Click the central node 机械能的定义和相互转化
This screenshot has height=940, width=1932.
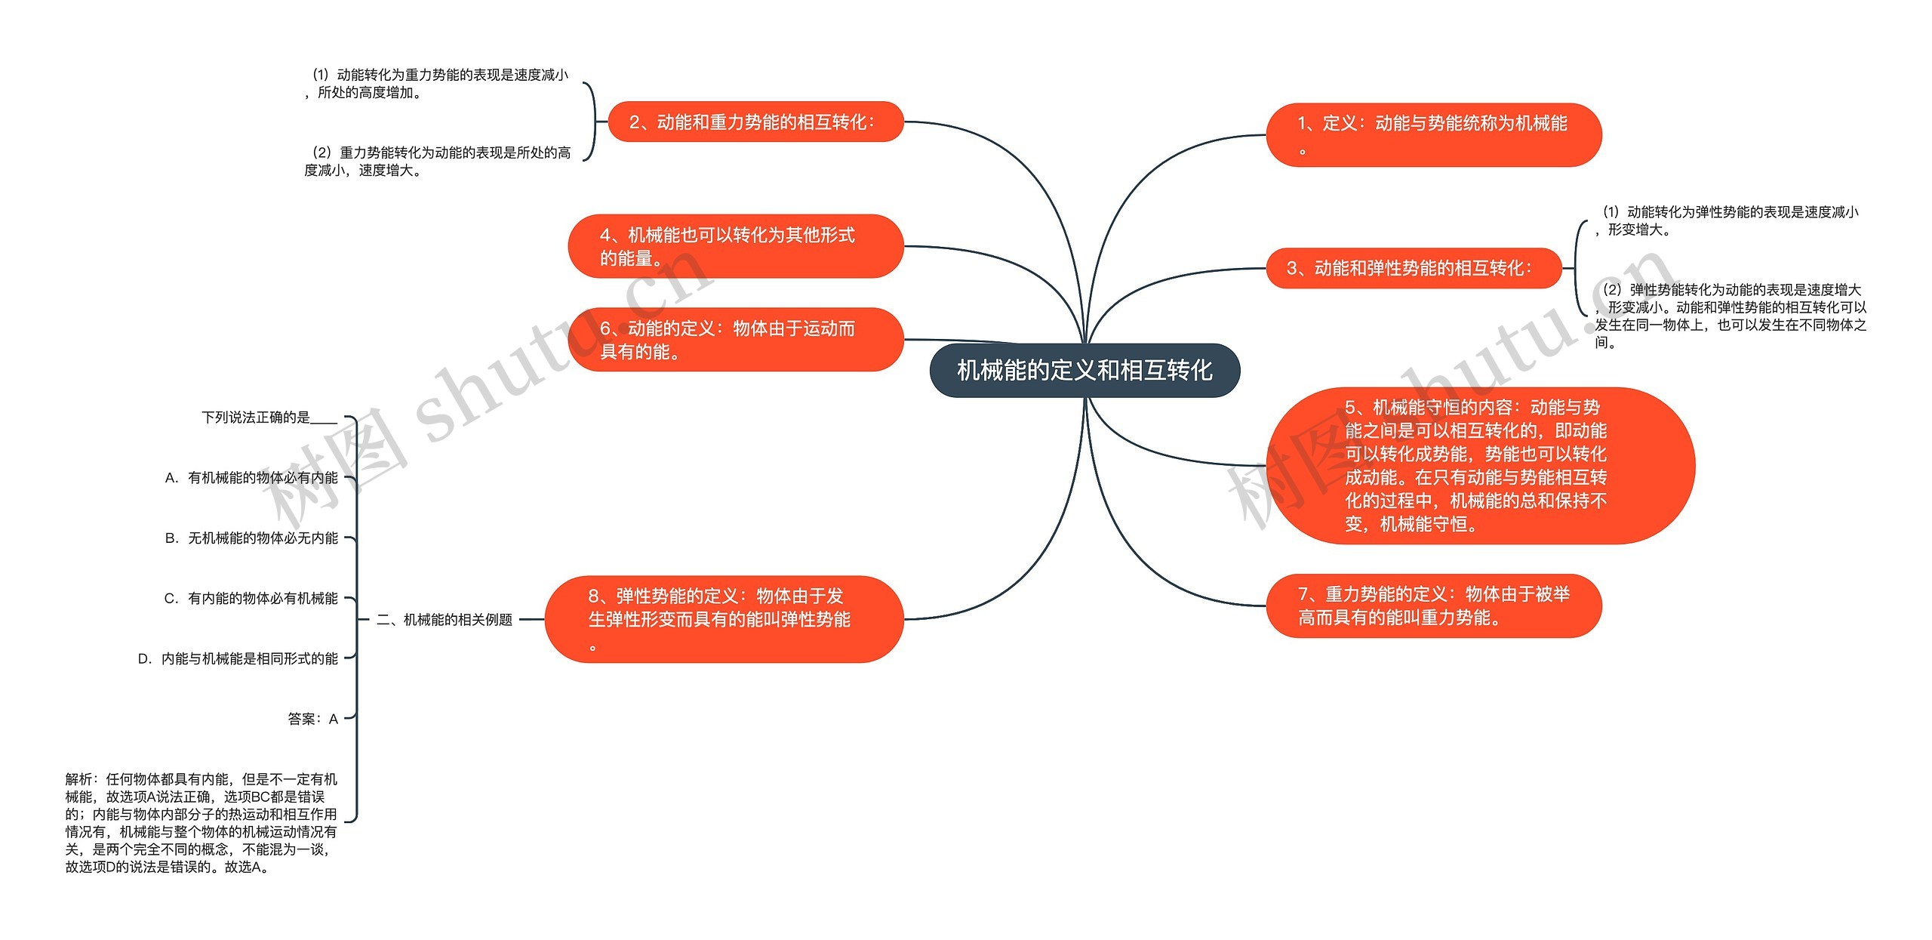click(1084, 370)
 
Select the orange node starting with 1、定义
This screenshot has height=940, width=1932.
click(1433, 135)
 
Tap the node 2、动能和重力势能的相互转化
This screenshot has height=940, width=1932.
click(755, 122)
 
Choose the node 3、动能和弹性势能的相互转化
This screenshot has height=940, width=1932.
click(1413, 268)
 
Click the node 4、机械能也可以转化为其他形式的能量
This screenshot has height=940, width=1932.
click(735, 246)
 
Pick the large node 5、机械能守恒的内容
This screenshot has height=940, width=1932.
click(1479, 465)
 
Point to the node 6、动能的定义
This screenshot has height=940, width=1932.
click(735, 340)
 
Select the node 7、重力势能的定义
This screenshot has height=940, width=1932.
click(1433, 606)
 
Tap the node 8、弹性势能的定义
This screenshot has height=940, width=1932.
click(723, 619)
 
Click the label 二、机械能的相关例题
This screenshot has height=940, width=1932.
click(444, 620)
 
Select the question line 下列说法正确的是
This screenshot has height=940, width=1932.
click(269, 418)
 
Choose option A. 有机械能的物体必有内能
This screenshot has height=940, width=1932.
click(251, 478)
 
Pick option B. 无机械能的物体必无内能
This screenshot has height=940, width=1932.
click(251, 538)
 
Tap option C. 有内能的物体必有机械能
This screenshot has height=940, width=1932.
click(251, 599)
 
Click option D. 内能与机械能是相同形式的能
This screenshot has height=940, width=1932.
click(238, 659)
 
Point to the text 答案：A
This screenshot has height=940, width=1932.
click(312, 720)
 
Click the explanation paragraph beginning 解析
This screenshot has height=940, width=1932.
click(201, 823)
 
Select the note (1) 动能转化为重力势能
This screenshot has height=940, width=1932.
click(437, 84)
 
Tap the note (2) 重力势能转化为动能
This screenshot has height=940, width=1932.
click(437, 162)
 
